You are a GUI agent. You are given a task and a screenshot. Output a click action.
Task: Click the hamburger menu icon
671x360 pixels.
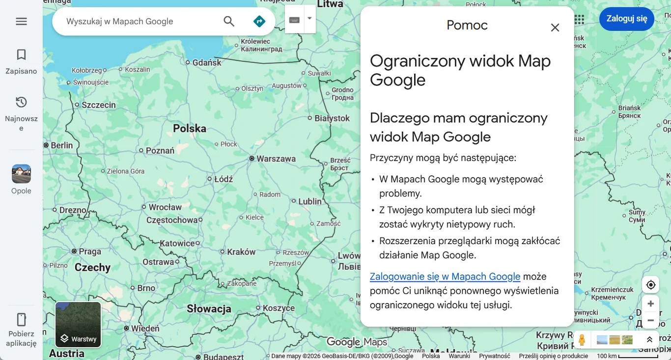pyautogui.click(x=21, y=22)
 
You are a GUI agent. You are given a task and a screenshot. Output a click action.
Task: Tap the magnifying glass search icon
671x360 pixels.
pyautogui.click(x=229, y=21)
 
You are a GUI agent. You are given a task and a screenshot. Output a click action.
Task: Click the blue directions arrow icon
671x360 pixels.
pyautogui.click(x=259, y=21)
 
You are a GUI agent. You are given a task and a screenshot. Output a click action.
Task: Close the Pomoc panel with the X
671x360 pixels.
pyautogui.click(x=555, y=28)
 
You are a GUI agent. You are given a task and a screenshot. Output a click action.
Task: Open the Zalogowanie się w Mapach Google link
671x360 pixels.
pyautogui.click(x=445, y=277)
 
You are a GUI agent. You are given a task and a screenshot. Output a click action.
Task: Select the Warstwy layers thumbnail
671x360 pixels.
pyautogui.click(x=78, y=325)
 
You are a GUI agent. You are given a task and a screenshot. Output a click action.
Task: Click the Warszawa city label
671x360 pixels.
pyautogui.click(x=276, y=159)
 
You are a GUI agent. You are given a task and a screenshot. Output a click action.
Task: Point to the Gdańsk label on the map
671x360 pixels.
pyautogui.click(x=207, y=62)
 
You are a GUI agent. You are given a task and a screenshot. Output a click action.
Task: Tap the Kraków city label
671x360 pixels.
pyautogui.click(x=241, y=252)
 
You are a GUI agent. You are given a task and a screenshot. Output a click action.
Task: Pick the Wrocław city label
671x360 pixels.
pyautogui.click(x=165, y=207)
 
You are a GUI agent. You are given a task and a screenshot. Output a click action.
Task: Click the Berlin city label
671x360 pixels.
pyautogui.click(x=61, y=145)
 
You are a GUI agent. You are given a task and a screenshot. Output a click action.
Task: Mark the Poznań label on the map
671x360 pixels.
pyautogui.click(x=160, y=151)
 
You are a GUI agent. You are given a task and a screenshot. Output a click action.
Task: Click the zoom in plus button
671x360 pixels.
pyautogui.click(x=650, y=304)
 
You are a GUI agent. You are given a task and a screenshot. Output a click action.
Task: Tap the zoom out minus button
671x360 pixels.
pyautogui.click(x=650, y=321)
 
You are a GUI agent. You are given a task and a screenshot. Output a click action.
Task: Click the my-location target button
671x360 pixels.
pyautogui.click(x=650, y=285)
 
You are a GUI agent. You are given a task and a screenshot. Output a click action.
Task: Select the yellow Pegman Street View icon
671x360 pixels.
pyautogui.click(x=582, y=339)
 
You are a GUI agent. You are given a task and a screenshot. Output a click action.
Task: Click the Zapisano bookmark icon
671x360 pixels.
pyautogui.click(x=21, y=55)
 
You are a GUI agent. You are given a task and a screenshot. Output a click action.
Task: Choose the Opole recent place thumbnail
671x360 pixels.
pyautogui.click(x=21, y=174)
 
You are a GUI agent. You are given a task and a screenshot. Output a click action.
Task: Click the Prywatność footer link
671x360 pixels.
pyautogui.click(x=494, y=356)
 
